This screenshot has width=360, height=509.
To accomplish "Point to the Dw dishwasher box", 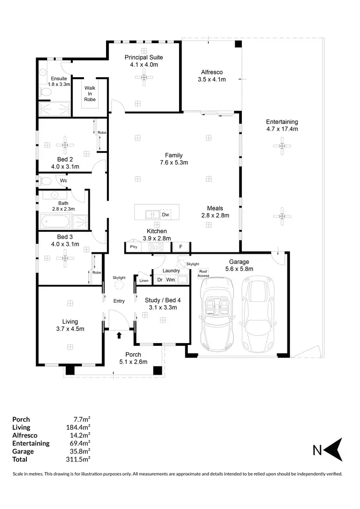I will click(x=166, y=215).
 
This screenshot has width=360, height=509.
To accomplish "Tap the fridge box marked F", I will click(x=180, y=248).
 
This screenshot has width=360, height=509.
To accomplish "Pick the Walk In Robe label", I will click(x=90, y=94).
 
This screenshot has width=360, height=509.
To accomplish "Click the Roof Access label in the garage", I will click(x=203, y=272).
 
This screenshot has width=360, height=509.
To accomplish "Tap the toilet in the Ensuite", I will click(x=44, y=91).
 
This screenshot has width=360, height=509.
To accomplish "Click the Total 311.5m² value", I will click(x=79, y=459).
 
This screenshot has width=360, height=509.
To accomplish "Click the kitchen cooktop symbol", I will click(x=156, y=248).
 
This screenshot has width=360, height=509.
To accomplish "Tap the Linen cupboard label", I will click(x=144, y=281).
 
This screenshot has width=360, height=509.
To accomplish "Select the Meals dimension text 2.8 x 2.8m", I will click(x=215, y=215).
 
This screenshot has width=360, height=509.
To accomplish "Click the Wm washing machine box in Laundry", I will click(x=170, y=280).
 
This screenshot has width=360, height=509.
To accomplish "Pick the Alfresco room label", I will click(x=212, y=73).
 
